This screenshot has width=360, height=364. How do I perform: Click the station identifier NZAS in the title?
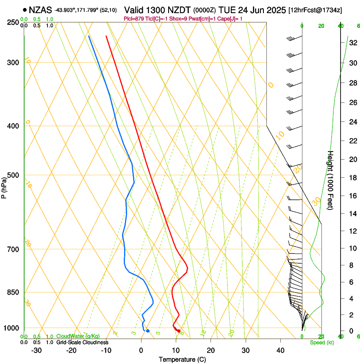(41, 9)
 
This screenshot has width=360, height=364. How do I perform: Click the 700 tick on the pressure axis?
(13, 249)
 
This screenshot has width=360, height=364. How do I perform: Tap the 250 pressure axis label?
(13, 22)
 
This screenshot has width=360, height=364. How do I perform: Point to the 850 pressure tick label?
(13, 292)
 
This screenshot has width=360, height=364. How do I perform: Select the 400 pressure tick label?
(13, 126)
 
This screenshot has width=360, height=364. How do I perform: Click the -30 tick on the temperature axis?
(36, 350)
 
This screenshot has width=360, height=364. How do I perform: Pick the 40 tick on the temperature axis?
(280, 350)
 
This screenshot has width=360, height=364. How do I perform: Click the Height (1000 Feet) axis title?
(330, 180)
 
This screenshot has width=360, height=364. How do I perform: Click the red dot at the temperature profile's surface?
(179, 331)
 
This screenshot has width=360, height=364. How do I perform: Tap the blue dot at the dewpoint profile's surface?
(148, 331)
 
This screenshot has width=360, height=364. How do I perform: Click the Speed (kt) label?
(321, 342)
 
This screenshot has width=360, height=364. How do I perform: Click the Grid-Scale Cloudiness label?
(82, 342)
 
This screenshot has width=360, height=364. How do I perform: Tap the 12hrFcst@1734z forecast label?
(316, 9)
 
